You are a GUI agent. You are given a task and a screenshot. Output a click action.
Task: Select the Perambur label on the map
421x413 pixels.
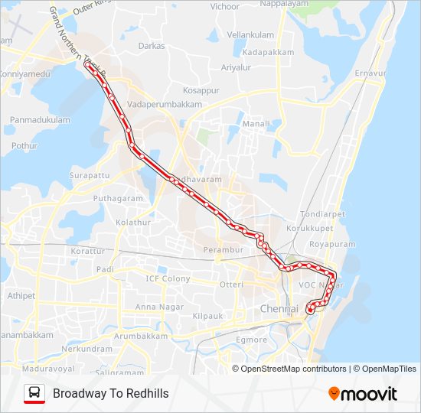223,250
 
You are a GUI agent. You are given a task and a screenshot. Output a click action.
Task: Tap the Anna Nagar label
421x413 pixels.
155,307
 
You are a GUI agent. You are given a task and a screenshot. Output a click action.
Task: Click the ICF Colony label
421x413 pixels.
168,278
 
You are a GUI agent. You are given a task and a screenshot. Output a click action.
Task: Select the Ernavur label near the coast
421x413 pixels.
371,73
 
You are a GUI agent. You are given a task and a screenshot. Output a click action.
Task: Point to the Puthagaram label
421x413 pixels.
119,198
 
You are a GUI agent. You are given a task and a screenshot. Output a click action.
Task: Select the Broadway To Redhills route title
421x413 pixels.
111,393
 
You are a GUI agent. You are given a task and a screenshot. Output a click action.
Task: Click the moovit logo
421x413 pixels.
363,393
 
